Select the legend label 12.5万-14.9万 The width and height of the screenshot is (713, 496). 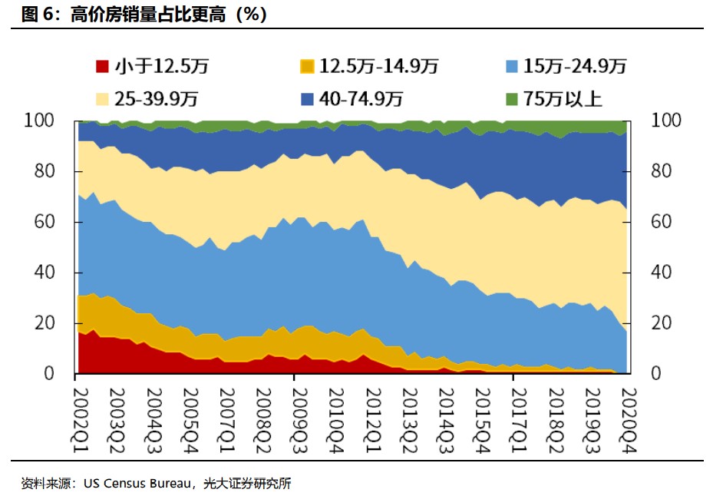point(378,67)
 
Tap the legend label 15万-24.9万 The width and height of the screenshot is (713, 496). point(575,67)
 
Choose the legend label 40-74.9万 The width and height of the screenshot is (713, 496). point(362,99)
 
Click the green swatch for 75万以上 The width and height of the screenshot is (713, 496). point(512,99)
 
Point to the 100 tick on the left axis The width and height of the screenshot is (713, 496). point(41,121)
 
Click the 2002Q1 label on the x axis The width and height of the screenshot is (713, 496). point(80,410)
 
